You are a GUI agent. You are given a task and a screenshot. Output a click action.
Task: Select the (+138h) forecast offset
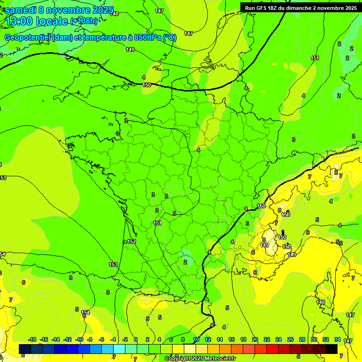click(x=83, y=21)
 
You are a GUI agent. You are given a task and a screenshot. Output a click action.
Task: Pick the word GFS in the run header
click(x=263, y=8)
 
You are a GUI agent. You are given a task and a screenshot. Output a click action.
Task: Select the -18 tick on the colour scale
click(x=32, y=339)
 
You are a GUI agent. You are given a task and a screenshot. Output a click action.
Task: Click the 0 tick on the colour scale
click(x=136, y=339)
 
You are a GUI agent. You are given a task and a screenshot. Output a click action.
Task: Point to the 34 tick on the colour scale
click(x=337, y=339)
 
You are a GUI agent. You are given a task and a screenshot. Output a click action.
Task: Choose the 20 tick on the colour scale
click(x=255, y=339)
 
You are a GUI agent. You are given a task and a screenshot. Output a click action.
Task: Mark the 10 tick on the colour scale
click(x=196, y=339)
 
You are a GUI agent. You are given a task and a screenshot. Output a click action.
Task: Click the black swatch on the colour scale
click(x=331, y=349)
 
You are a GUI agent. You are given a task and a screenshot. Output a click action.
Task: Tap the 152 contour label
click(x=132, y=241)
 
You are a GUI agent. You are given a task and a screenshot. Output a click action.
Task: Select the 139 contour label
click(x=292, y=255)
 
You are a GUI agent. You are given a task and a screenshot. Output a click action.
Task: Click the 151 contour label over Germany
click(x=315, y=58)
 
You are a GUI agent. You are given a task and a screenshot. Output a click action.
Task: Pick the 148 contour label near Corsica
click(x=321, y=302)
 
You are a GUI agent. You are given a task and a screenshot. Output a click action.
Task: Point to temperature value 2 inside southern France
click(x=185, y=262)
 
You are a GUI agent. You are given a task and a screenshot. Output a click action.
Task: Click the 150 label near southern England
click(x=147, y=85)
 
